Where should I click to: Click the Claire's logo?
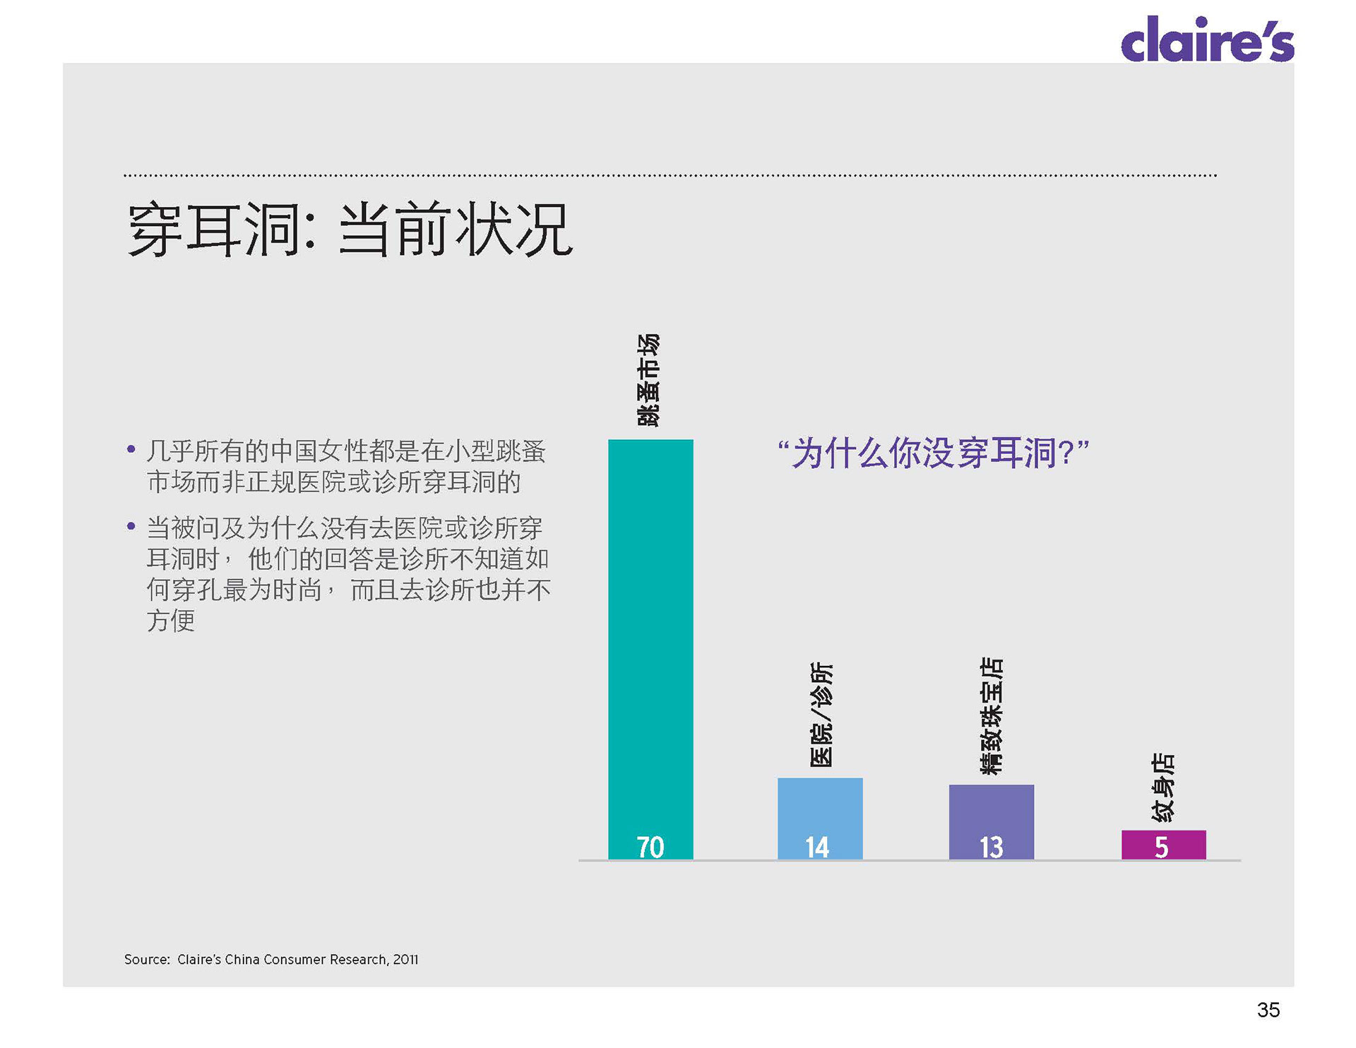pyautogui.click(x=1207, y=40)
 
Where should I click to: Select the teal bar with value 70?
pyautogui.click(x=650, y=636)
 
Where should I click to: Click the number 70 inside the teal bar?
pyautogui.click(x=650, y=847)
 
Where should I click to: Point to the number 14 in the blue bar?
pyautogui.click(x=817, y=847)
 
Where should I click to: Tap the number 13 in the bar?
pyautogui.click(x=991, y=847)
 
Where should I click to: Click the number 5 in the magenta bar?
pyautogui.click(x=1162, y=847)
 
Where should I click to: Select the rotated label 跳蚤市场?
pyautogui.click(x=648, y=381)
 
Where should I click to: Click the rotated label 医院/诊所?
pyautogui.click(x=821, y=715)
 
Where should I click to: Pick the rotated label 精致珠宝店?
pyautogui.click(x=992, y=715)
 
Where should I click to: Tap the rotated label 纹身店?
pyautogui.click(x=1162, y=787)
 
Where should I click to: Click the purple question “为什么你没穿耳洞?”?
pyautogui.click(x=933, y=453)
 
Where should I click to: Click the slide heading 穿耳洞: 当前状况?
pyautogui.click(x=350, y=230)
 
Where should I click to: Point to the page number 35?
pyautogui.click(x=1268, y=1010)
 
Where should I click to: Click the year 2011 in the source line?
pyautogui.click(x=405, y=960)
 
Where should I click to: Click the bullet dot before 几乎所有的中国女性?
pyautogui.click(x=131, y=449)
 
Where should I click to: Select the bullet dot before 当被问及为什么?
pyautogui.click(x=131, y=526)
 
